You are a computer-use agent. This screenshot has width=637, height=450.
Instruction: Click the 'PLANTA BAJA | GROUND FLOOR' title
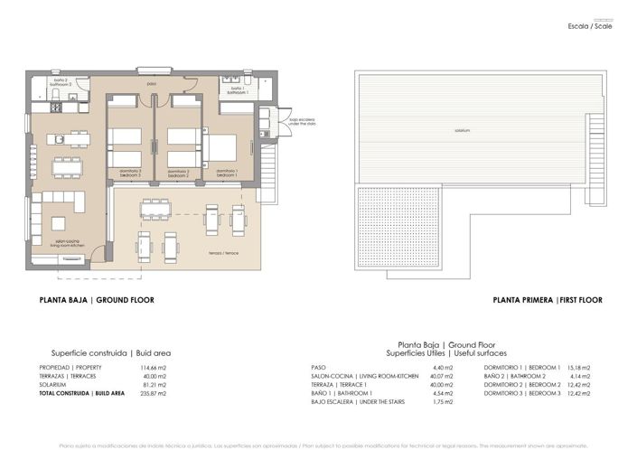[97, 300]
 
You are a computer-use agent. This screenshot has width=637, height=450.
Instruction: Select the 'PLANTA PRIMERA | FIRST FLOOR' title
[548, 300]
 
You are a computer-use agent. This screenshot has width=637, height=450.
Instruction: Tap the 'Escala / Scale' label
[591, 27]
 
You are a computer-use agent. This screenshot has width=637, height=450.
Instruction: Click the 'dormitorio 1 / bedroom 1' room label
[227, 171]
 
